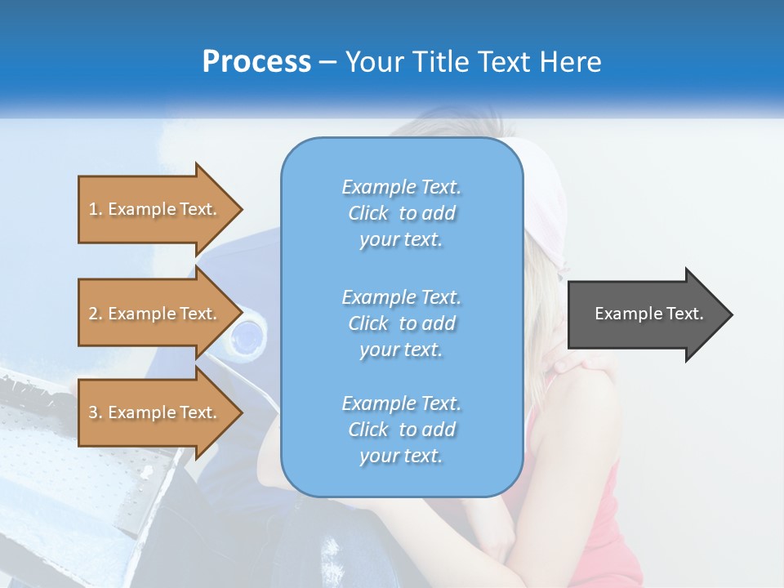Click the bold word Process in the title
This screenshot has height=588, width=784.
coord(256,62)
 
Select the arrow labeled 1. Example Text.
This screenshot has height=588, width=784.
coord(155,209)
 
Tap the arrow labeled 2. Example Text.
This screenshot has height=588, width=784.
coord(155,314)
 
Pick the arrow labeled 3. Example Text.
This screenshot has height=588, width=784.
coord(155,412)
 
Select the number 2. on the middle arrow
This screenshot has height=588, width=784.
coord(96,314)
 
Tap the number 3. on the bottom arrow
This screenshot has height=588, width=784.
coord(96,412)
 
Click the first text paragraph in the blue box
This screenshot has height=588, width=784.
coord(401,213)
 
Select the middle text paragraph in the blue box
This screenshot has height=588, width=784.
coord(401,323)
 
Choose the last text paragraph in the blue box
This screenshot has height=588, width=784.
coord(401,430)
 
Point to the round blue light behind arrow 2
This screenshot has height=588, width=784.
coord(246,337)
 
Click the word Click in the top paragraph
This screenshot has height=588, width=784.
coord(368,213)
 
